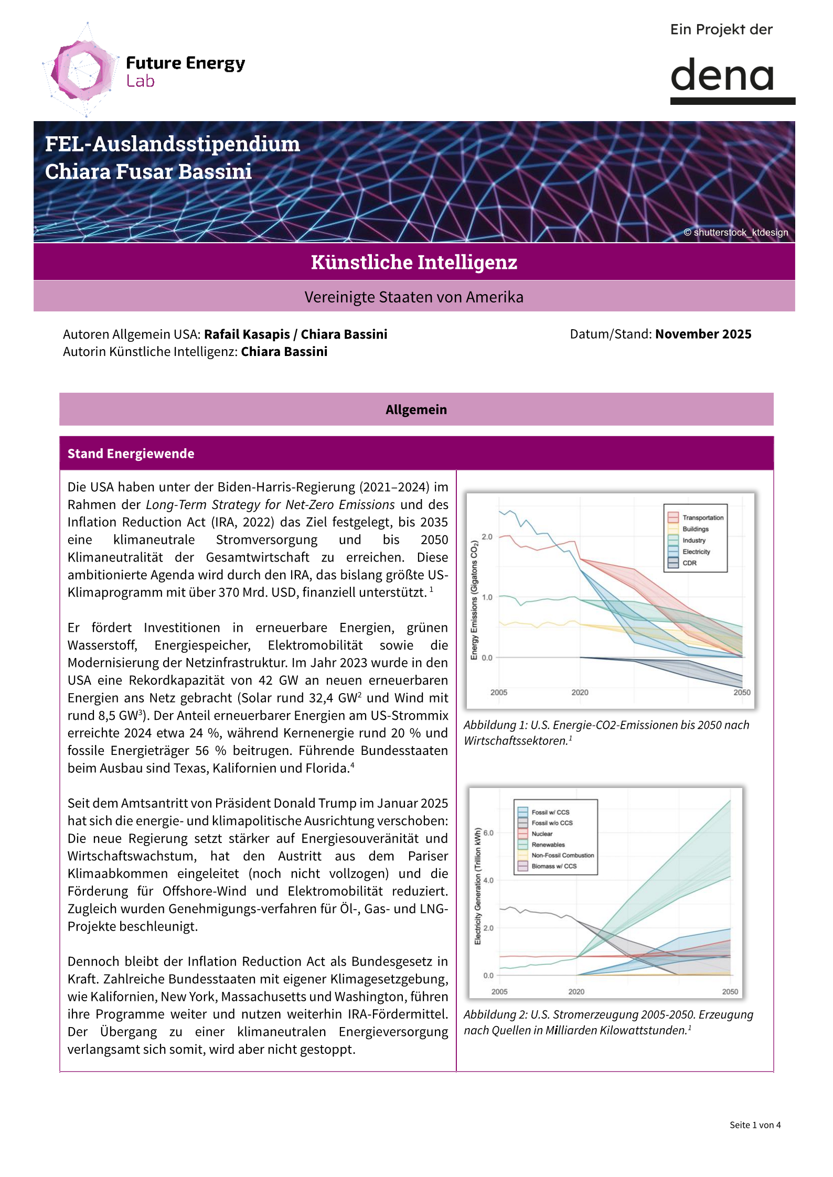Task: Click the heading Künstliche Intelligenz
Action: pos(414,262)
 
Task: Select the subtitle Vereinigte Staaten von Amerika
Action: pos(414,297)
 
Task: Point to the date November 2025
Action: pos(703,334)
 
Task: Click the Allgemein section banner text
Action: pos(416,409)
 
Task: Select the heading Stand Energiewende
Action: pos(131,453)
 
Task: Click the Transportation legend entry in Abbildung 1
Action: pos(702,517)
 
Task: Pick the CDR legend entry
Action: pos(689,563)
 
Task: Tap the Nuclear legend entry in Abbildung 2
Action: pos(541,834)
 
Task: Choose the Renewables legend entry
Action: pos(548,845)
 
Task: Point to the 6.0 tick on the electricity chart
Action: pos(488,833)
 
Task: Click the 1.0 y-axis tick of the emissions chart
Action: pos(487,597)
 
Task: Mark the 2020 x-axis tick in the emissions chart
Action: pos(580,693)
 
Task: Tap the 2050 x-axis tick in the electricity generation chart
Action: pos(730,992)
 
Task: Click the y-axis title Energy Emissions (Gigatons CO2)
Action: pos(474,600)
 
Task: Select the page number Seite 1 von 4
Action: pos(755,1125)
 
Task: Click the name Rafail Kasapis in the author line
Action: pos(247,334)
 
